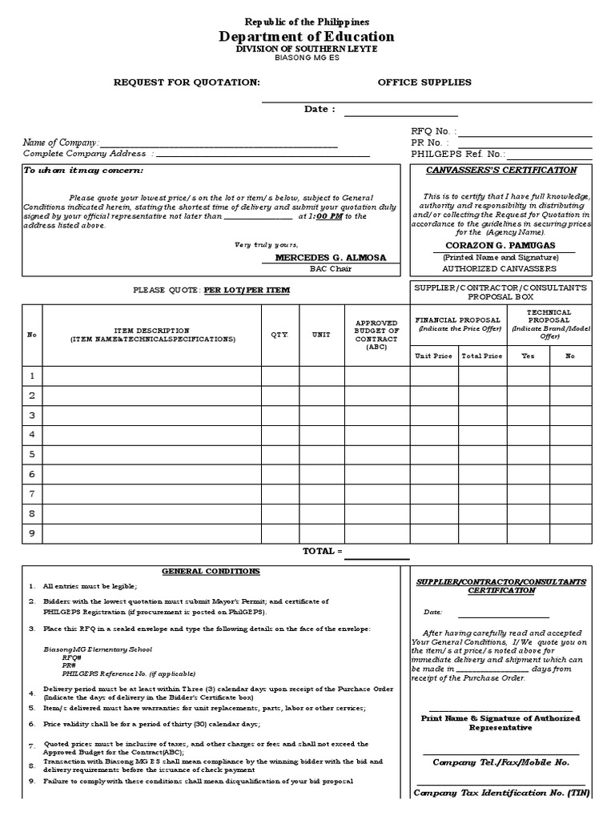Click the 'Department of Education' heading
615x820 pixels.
[x=307, y=37]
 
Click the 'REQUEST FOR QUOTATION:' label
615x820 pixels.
[x=187, y=82]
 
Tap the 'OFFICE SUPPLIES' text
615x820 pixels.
[x=424, y=82]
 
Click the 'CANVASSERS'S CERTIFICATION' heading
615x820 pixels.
[x=500, y=171]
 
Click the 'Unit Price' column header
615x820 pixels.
[x=433, y=356]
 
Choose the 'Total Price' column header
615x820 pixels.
[x=481, y=356]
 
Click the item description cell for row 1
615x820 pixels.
[x=152, y=376]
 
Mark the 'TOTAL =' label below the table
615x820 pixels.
[x=322, y=552]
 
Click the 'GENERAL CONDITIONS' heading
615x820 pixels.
[x=211, y=572]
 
